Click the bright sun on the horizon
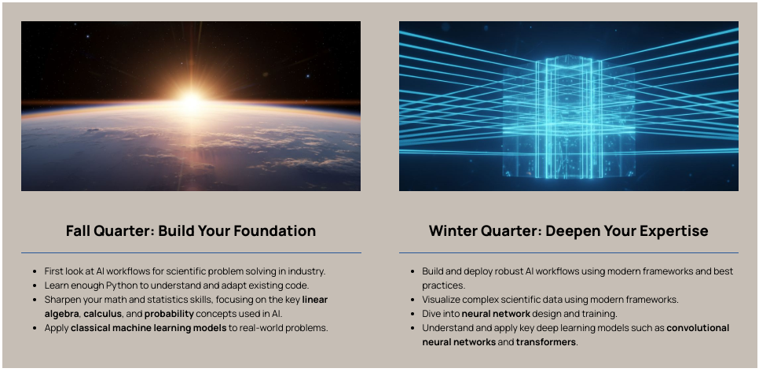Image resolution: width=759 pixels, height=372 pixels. pyautogui.click(x=192, y=101)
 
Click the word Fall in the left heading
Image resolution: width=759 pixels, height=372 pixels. pyautogui.click(x=78, y=230)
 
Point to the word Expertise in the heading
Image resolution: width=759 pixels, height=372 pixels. pyautogui.click(x=673, y=231)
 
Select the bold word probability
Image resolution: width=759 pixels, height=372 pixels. pyautogui.click(x=169, y=314)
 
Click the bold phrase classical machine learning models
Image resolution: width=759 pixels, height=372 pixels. pyautogui.click(x=148, y=328)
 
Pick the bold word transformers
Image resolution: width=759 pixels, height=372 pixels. pyautogui.click(x=546, y=342)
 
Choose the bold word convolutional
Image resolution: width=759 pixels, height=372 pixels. pyautogui.click(x=698, y=328)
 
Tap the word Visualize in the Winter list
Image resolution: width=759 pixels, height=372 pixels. pyautogui.click(x=440, y=300)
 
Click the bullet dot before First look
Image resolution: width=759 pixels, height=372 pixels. pyautogui.click(x=35, y=271)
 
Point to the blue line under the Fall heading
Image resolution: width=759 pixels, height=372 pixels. pyautogui.click(x=191, y=252)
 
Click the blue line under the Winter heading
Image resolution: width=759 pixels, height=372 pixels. pyautogui.click(x=569, y=252)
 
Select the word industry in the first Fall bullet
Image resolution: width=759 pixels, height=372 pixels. pyautogui.click(x=309, y=271)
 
